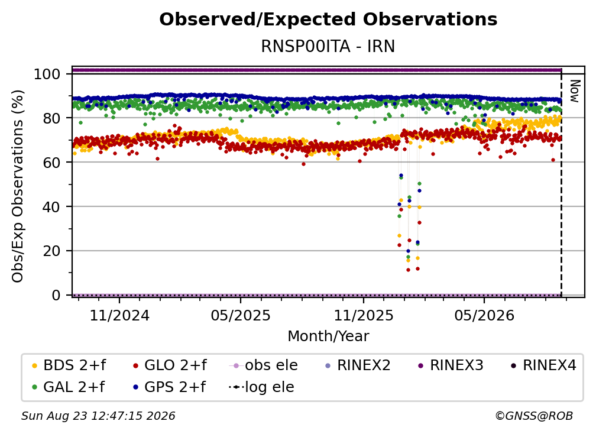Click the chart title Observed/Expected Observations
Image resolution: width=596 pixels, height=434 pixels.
coord(328,20)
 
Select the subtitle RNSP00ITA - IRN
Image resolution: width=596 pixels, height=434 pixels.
coord(328,46)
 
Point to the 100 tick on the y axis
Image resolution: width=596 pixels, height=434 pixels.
coord(47,74)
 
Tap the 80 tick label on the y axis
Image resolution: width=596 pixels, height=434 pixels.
coord(51,118)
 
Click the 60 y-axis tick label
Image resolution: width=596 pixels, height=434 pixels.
coord(51,162)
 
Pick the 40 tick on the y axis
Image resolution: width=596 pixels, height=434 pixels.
coord(51,207)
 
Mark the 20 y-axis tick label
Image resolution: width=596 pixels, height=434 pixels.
coord(51,251)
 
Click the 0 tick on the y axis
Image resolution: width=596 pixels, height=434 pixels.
coord(56,295)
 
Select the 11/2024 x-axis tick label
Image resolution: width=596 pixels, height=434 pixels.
coord(119,315)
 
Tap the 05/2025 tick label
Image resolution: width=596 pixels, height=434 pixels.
coord(241,315)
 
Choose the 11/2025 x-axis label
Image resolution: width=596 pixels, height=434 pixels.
coord(364,315)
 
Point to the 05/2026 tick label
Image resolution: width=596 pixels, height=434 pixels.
coord(484,315)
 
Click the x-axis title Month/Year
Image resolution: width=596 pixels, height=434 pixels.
coord(328,336)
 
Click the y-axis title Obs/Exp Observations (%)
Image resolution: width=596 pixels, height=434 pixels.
coord(18,186)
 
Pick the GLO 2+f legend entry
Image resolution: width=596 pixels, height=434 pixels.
coord(170,365)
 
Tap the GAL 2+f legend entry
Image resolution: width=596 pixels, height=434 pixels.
coord(68,387)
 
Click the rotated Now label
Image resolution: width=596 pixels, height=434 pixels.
coord(574,91)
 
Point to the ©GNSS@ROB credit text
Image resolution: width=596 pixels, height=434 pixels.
coord(534,416)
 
